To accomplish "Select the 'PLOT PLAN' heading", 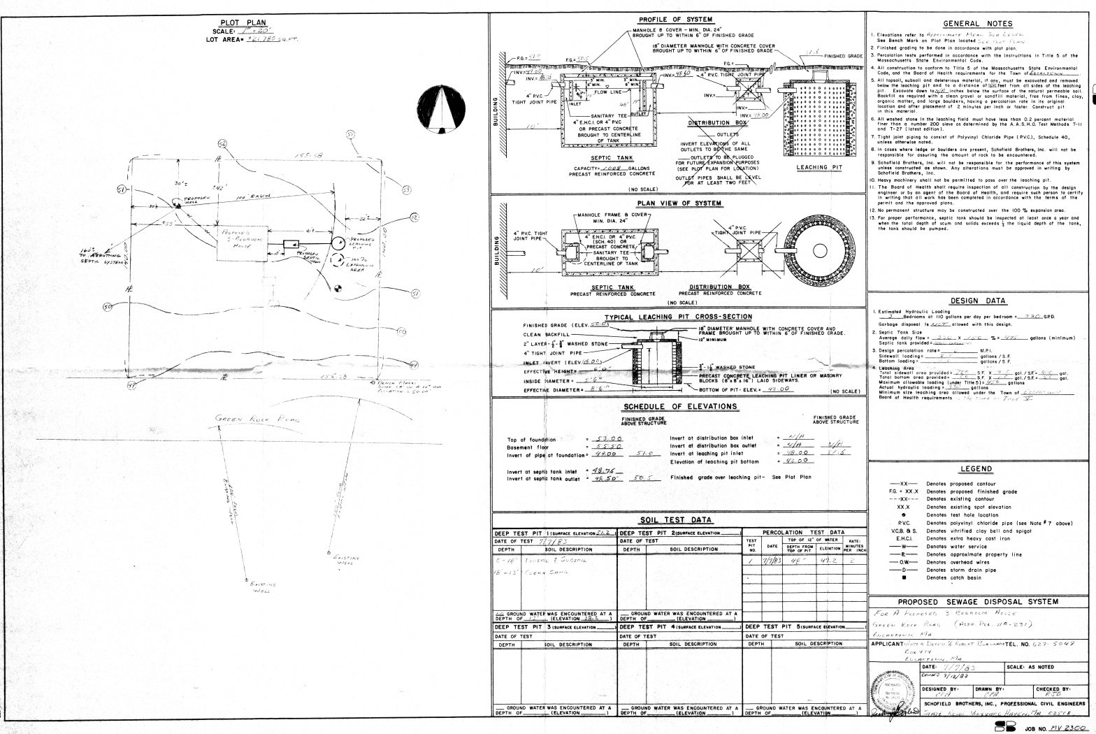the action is pyautogui.click(x=242, y=23).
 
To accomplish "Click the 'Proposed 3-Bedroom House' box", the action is pyautogui.click(x=243, y=243).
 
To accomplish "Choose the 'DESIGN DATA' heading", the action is pyautogui.click(x=978, y=301).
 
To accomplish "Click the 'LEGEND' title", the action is pyautogui.click(x=976, y=468).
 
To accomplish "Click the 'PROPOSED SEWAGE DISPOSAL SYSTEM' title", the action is pyautogui.click(x=978, y=601).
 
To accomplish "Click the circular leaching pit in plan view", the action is pyautogui.click(x=814, y=249).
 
